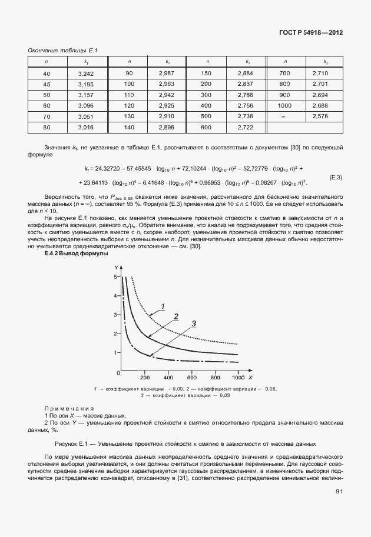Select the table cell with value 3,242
pyautogui.click(x=86, y=74)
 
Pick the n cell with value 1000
pyautogui.click(x=285, y=105)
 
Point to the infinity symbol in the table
pyautogui.click(x=285, y=116)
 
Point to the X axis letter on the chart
pyautogui.click(x=250, y=376)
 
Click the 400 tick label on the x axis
pyautogui.click(x=168, y=376)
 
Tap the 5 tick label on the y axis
pyautogui.click(x=116, y=276)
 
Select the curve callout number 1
pyautogui.click(x=163, y=305)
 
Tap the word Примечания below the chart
pyautogui.click(x=68, y=408)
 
